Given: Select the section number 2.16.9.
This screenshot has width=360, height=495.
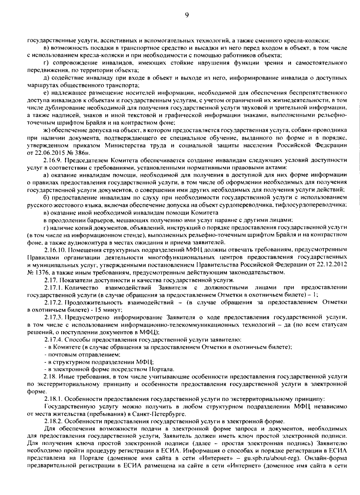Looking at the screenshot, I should coord(53,160).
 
